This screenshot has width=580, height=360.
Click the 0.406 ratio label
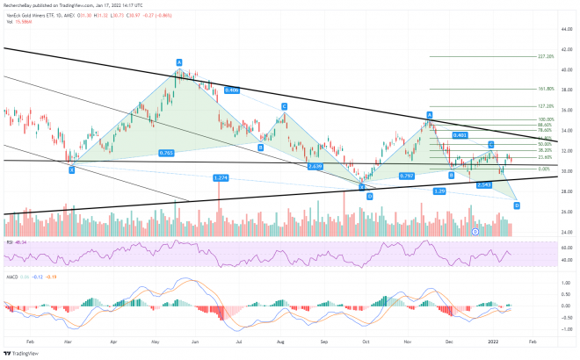click(x=233, y=90)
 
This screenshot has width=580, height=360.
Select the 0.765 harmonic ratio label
click(x=165, y=153)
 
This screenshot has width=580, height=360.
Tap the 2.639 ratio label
click(x=316, y=165)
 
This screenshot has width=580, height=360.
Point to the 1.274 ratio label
click(x=221, y=178)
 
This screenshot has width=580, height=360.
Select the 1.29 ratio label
click(x=440, y=191)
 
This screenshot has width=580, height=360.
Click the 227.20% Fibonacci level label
click(x=545, y=56)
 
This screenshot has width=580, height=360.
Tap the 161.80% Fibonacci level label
click(x=544, y=89)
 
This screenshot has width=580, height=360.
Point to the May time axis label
click(x=156, y=337)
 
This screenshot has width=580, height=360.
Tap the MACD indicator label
click(x=12, y=276)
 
